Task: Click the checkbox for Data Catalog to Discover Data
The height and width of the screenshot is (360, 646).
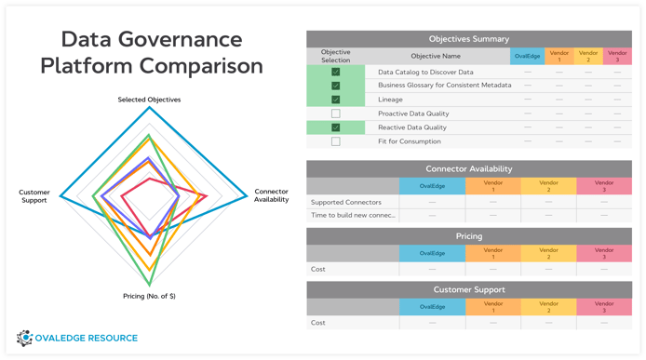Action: [x=336, y=72]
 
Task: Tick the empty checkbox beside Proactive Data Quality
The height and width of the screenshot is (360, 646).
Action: [x=336, y=113]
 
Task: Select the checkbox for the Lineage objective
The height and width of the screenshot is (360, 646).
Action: [x=336, y=100]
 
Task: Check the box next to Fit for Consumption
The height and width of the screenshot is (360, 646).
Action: [x=336, y=141]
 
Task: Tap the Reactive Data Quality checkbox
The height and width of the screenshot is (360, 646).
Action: [x=336, y=127]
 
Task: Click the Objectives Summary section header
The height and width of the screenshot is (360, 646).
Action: [x=468, y=39]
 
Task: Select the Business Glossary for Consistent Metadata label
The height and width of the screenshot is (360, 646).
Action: [x=444, y=86]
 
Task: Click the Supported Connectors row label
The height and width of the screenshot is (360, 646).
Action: [x=346, y=202]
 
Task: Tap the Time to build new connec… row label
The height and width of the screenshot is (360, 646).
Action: [x=353, y=216]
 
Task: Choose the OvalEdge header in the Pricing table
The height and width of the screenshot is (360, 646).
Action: [x=431, y=253]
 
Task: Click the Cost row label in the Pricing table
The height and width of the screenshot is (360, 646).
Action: [x=318, y=269]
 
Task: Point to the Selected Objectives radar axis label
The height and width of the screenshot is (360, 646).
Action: [x=149, y=99]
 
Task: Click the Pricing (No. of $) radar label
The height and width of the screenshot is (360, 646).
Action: [x=149, y=296]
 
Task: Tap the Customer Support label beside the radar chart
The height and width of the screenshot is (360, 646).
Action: [x=34, y=196]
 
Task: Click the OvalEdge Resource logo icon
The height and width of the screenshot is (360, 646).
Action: [x=25, y=339]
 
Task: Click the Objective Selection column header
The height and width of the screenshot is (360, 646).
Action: [x=336, y=57]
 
